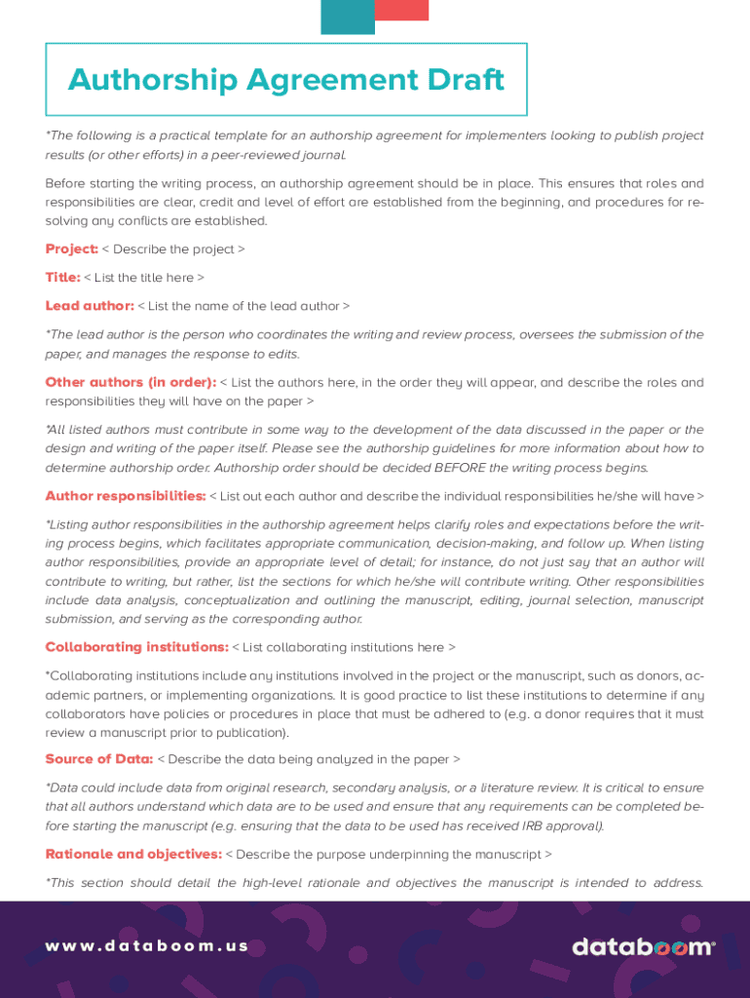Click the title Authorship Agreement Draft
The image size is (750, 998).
286,80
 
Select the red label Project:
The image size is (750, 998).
71,249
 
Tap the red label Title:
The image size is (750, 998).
62,278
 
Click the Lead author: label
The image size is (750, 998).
90,306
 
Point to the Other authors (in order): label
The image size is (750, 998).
131,382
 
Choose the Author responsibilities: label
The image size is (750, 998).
126,496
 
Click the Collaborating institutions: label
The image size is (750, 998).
136,647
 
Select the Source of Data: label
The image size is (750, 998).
98,759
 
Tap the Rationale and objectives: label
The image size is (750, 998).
133,855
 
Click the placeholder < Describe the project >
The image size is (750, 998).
173,249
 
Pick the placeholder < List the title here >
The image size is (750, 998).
144,278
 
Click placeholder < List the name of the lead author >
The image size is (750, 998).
244,306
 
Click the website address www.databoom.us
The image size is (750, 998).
147,946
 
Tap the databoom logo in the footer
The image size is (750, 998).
643,947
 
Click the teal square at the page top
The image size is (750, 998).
348,17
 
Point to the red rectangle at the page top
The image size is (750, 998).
401,10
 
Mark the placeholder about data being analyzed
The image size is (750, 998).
309,759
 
